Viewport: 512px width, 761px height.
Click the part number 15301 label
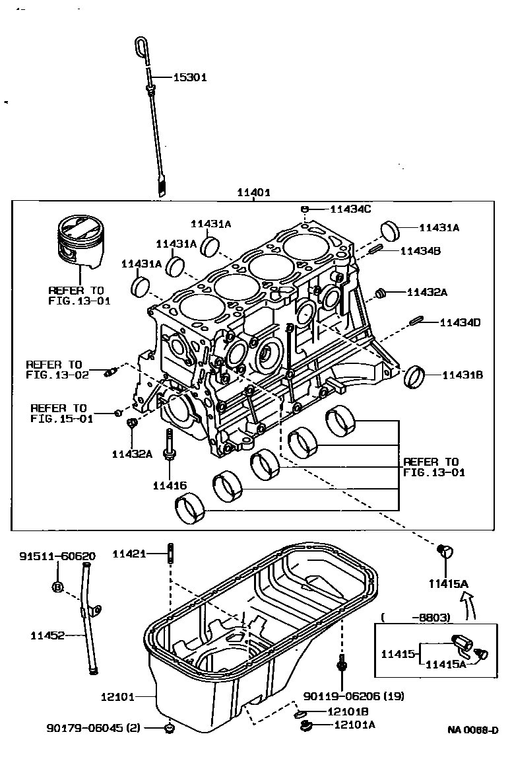click(x=190, y=77)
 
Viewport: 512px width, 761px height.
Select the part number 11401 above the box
click(x=253, y=193)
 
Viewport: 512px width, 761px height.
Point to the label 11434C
click(x=350, y=209)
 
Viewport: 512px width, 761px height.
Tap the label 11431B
click(x=463, y=375)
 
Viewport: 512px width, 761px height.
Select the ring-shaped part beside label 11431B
click(x=416, y=377)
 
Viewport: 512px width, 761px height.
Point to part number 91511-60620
click(x=56, y=556)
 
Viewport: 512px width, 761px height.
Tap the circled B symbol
click(x=57, y=587)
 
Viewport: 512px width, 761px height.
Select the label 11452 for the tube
click(x=48, y=635)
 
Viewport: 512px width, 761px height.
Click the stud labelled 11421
click(x=170, y=554)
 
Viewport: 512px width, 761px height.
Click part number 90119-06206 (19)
click(x=354, y=696)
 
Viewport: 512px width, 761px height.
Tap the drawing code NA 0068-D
click(x=472, y=730)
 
